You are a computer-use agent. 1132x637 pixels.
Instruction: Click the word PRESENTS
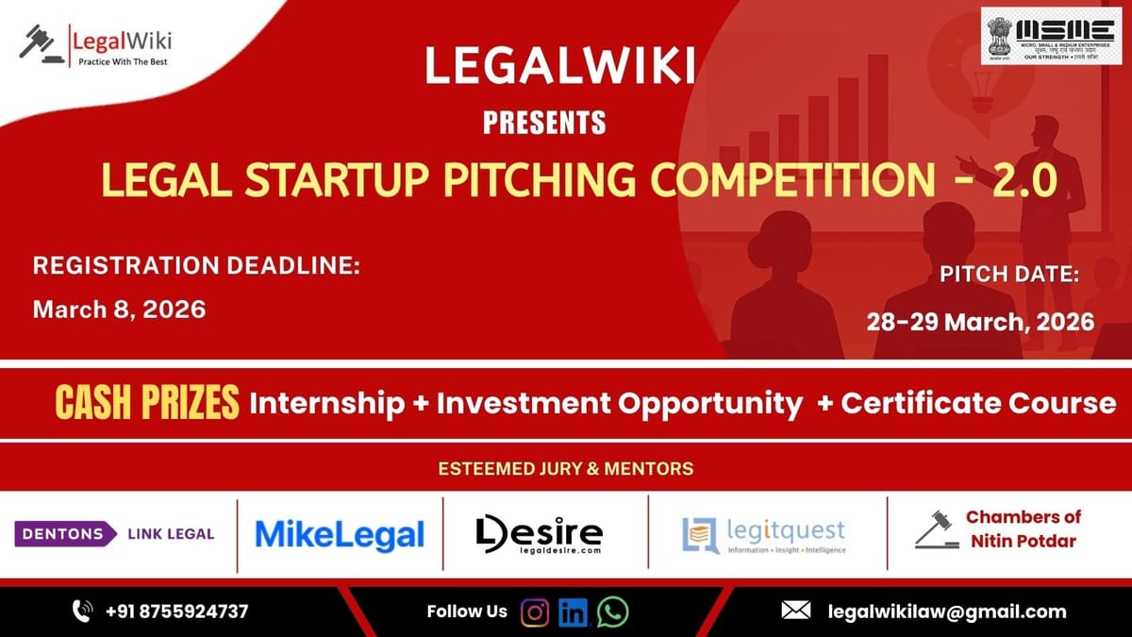[x=543, y=122]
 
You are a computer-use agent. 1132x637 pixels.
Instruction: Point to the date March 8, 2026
[x=119, y=310]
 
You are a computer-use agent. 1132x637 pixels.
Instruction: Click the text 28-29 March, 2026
[x=980, y=321]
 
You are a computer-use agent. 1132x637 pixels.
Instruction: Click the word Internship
[x=326, y=404]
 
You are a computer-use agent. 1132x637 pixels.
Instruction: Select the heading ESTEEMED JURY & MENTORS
[x=565, y=468]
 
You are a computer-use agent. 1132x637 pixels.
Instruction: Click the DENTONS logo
[x=64, y=534]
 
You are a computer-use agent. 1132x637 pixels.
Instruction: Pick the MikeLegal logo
[x=340, y=535]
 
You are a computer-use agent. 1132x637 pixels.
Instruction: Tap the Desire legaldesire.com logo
[x=539, y=534]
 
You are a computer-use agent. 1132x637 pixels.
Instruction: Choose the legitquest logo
[x=763, y=535]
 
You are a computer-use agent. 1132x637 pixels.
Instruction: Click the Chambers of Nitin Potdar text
[x=1023, y=529]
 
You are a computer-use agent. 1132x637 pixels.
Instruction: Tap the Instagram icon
[x=535, y=612]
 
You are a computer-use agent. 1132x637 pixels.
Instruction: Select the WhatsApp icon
[x=612, y=612]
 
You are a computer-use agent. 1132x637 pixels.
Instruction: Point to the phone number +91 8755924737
[x=176, y=612]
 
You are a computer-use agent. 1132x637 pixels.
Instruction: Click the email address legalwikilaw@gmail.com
[x=947, y=612]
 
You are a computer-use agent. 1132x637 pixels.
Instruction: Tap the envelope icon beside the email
[x=796, y=612]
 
